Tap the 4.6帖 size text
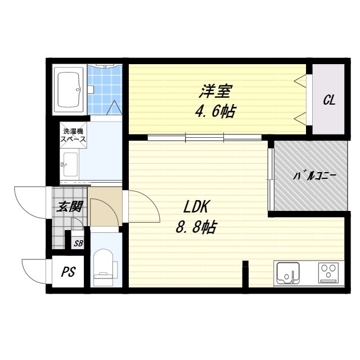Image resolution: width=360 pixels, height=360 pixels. [215, 111]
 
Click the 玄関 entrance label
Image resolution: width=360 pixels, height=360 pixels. [70, 207]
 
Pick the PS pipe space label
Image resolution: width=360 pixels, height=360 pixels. [68, 272]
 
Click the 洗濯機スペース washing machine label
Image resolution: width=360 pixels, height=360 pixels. [74, 135]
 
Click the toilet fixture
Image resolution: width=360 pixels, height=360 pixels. [103, 269]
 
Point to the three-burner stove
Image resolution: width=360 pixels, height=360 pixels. [327, 273]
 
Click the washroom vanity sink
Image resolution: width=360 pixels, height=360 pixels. [70, 165]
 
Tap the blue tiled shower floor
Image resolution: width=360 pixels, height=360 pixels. [105, 90]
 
